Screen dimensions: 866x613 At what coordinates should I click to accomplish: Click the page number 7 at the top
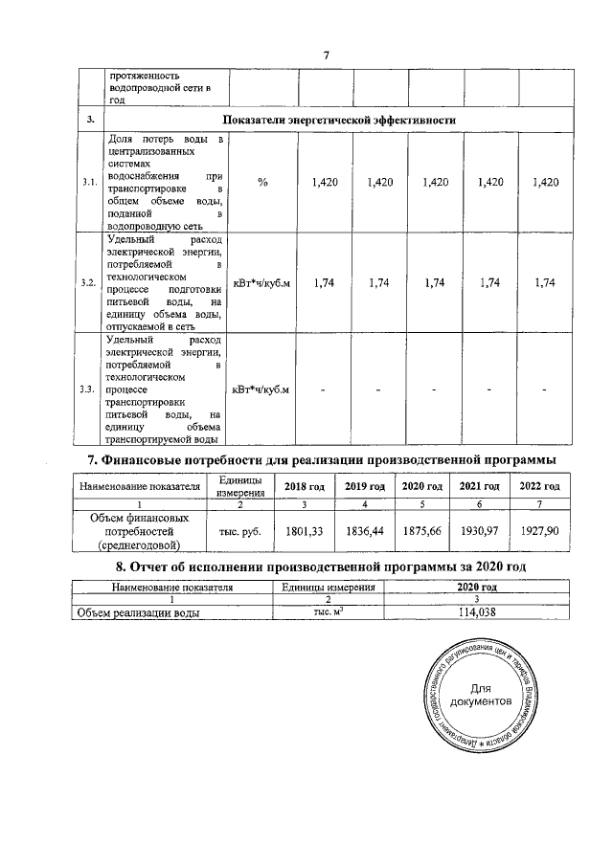tap(326, 54)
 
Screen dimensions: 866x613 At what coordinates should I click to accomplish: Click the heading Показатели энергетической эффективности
tap(338, 120)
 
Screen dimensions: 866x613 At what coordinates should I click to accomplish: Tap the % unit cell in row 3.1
tap(262, 182)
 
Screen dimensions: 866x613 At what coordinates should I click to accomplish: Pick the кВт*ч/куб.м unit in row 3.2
tap(262, 282)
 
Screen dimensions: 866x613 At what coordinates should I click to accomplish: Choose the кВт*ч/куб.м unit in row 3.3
tap(262, 389)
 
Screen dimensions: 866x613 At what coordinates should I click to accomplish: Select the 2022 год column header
tap(538, 486)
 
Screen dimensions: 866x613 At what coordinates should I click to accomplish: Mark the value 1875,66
tap(421, 530)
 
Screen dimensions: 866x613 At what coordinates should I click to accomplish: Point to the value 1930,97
tap(480, 530)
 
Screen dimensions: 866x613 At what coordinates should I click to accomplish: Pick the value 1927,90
tap(538, 530)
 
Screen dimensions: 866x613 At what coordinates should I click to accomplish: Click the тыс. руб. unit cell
tap(232, 530)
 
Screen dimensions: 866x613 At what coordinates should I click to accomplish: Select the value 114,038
tap(477, 613)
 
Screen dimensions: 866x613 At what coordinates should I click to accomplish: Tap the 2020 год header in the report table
tap(477, 586)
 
